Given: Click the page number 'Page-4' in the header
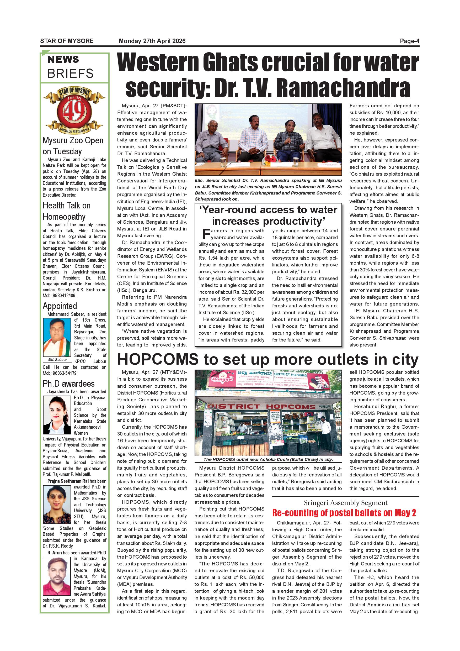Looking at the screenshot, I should (409, 41).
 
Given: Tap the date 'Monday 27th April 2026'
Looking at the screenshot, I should (152, 41).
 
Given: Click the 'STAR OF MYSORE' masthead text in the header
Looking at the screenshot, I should (67, 41).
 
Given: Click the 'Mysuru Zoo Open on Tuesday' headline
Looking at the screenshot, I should (73, 146).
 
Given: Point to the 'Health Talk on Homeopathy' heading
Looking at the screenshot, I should (67, 211).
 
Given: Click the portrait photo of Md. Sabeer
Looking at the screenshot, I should (57, 337).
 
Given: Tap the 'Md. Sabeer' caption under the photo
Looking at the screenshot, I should (57, 360).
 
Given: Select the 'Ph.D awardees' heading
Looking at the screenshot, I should (68, 384).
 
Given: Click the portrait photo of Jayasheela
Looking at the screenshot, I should (57, 415).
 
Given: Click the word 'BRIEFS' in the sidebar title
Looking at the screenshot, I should (71, 73).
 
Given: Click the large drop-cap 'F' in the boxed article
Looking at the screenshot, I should (206, 234).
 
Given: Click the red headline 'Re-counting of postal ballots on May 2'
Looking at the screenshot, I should (344, 513).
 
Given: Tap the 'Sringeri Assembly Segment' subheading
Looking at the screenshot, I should (346, 503).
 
